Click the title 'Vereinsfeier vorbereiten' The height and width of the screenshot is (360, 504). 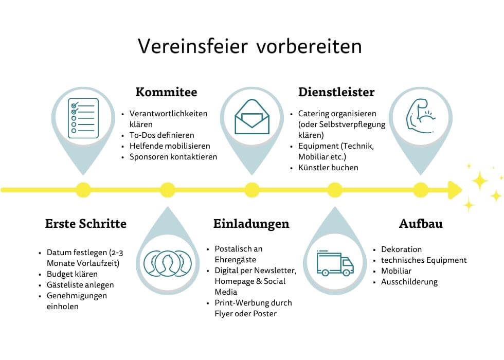pos(250,46)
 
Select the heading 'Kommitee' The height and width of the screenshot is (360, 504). pos(166,92)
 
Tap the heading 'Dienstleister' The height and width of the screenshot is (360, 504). pos(336,92)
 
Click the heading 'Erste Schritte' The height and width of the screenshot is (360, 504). pos(85,224)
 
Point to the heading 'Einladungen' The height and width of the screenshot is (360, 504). pos(251,224)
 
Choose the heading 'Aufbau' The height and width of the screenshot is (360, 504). pos(421,224)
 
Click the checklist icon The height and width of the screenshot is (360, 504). pos(83,118)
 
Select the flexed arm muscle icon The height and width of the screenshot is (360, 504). pos(420,116)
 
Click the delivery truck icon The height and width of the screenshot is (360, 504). pos(335,263)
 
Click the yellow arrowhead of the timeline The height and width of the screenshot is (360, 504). pos(455,190)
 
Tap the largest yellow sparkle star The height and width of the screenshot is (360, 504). pos(479,180)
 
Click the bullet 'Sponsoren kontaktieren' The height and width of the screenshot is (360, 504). pos(173,157)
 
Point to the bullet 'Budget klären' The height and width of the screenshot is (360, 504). pos(72,274)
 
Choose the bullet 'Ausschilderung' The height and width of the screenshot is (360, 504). pos(409,282)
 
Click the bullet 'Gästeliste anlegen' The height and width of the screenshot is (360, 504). pos(80,285)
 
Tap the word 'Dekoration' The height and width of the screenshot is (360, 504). pos(401,249)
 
